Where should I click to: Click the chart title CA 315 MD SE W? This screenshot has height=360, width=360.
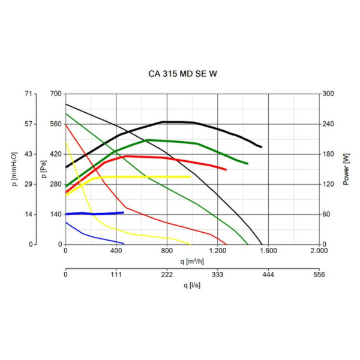coord(179,75)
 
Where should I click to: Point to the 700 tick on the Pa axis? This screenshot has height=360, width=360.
coord(55,94)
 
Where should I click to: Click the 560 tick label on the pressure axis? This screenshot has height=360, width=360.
coord(55,124)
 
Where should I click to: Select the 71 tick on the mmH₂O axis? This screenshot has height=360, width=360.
coord(28,94)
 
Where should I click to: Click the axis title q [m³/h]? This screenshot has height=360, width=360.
coord(192,262)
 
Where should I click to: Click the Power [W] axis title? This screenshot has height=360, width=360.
coord(346,169)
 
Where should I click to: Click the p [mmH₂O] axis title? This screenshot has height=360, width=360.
coord(14,169)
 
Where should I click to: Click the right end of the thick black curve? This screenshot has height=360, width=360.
coord(261,146)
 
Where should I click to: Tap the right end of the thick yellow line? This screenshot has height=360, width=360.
coord(190,177)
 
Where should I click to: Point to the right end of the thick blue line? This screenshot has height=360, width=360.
coord(123,212)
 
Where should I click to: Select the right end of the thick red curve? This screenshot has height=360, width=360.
coord(226,170)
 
